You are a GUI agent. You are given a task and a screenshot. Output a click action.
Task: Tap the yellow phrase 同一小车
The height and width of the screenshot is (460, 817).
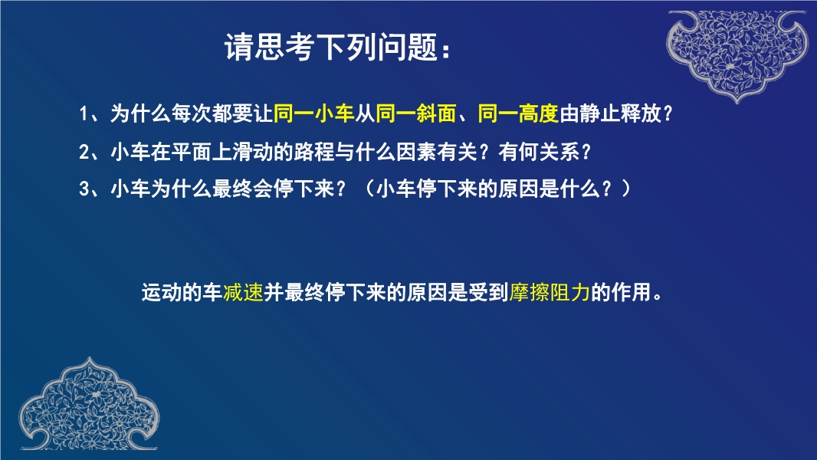(x=314, y=113)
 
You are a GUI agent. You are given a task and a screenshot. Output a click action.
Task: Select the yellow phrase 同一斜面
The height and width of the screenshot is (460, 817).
(x=416, y=113)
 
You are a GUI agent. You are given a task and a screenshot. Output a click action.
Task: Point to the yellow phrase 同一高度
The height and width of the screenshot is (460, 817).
(x=518, y=113)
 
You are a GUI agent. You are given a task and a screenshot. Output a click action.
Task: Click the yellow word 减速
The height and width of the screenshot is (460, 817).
(x=243, y=292)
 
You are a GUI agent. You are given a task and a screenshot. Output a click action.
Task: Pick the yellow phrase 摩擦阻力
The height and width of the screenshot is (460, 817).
(x=550, y=292)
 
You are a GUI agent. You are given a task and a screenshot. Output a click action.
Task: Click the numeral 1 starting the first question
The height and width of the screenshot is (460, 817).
(x=84, y=113)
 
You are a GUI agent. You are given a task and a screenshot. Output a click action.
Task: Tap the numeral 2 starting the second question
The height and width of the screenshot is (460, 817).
(x=84, y=152)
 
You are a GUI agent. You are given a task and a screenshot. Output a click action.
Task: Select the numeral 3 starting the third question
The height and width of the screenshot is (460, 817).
(x=84, y=188)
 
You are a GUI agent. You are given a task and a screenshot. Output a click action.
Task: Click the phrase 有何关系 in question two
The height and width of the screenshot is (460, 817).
(x=539, y=152)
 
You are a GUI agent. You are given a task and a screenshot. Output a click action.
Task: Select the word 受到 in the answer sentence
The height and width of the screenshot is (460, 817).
(x=488, y=292)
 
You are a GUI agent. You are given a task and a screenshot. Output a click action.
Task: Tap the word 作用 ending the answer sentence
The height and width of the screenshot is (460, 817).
(x=632, y=292)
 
